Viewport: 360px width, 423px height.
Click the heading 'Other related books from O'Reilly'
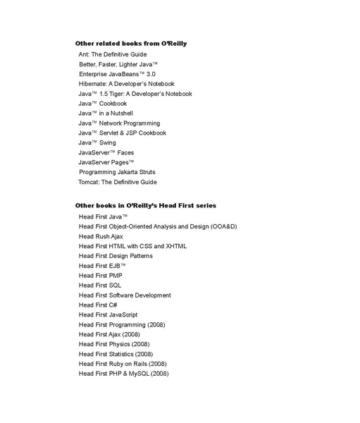pos(130,44)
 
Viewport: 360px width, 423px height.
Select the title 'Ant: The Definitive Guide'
pos(113,54)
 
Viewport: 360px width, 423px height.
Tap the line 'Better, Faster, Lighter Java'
pos(118,64)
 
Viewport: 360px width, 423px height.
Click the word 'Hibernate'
pos(94,84)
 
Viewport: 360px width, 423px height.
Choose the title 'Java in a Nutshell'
pos(106,113)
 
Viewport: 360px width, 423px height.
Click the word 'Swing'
pos(108,142)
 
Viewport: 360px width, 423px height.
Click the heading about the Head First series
pos(145,205)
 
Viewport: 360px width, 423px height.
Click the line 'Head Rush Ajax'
pos(101,236)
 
